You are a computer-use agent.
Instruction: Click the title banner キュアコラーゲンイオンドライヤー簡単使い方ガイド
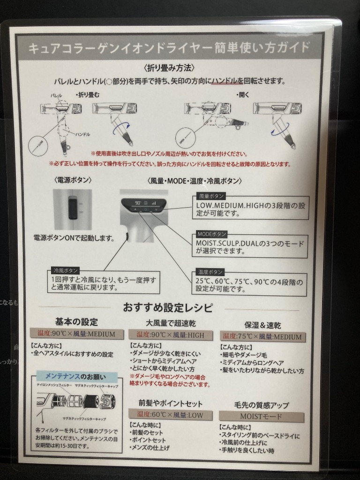pyautogui.click(x=169, y=48)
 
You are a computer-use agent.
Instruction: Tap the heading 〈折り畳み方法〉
pyautogui.click(x=170, y=68)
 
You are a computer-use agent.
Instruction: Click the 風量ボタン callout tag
pyautogui.click(x=211, y=195)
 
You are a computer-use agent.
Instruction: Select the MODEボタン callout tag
pyautogui.click(x=212, y=233)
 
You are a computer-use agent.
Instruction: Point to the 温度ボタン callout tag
pyautogui.click(x=210, y=272)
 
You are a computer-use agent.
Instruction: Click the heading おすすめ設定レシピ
pyautogui.click(x=168, y=308)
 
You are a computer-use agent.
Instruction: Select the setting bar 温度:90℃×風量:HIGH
pyautogui.click(x=168, y=335)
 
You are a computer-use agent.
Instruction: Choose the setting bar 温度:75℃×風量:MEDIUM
pyautogui.click(x=263, y=336)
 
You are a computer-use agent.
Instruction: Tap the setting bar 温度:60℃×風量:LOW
pyautogui.click(x=170, y=415)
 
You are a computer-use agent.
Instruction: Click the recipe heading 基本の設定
pyautogui.click(x=76, y=322)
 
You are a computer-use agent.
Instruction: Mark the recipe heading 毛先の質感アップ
pyautogui.click(x=261, y=405)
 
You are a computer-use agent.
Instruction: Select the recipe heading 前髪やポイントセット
pyautogui.click(x=170, y=403)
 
